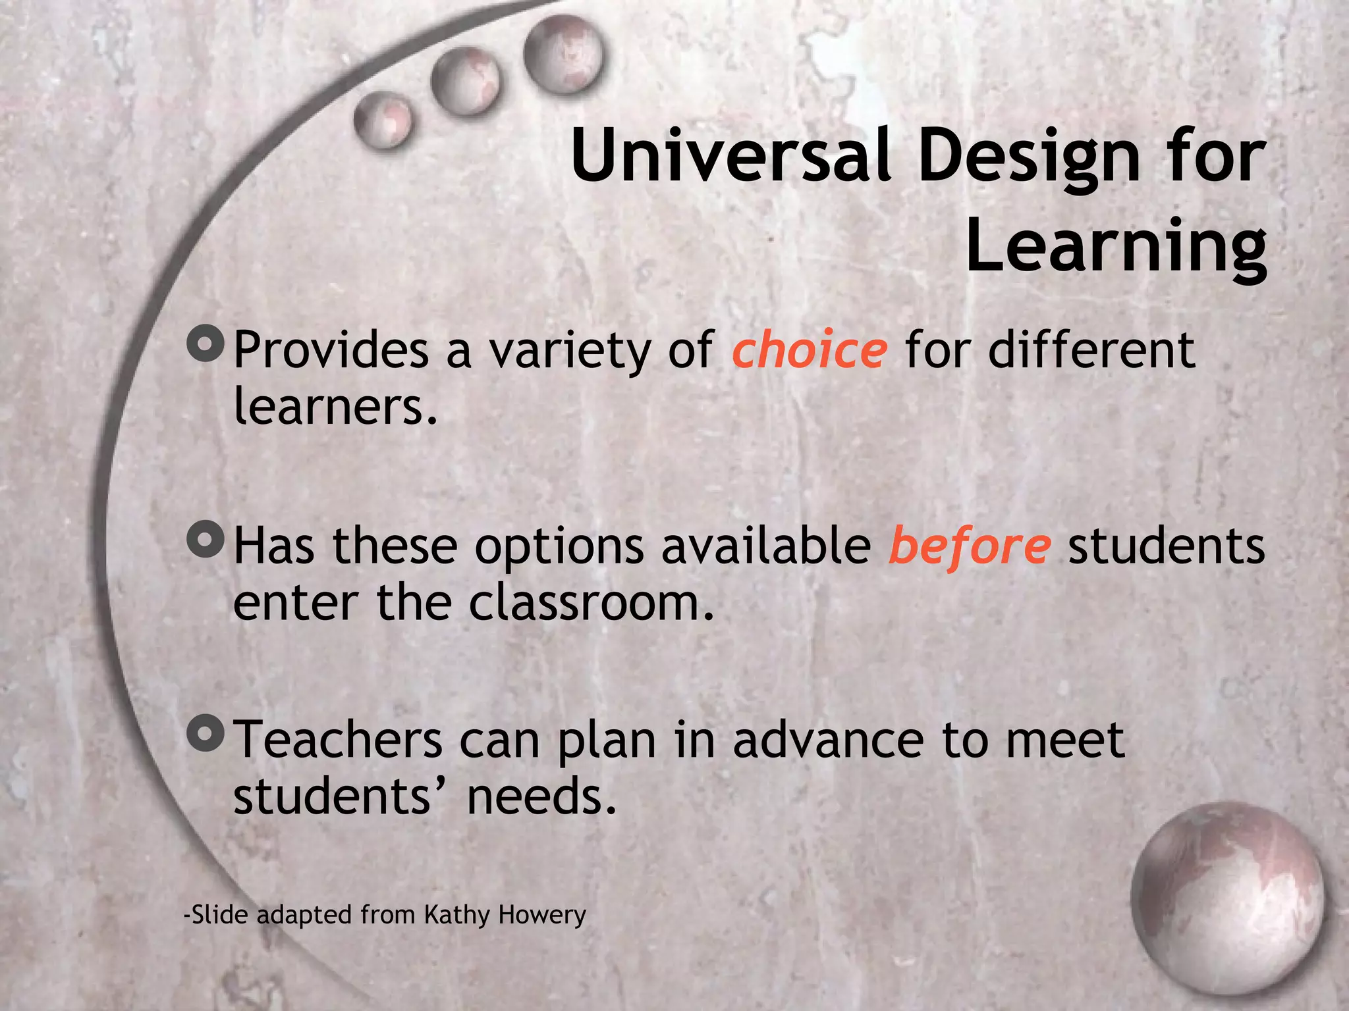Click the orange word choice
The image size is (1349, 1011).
pyautogui.click(x=810, y=350)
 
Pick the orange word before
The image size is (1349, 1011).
pyautogui.click(x=969, y=546)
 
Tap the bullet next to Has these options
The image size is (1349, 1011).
pyautogui.click(x=206, y=540)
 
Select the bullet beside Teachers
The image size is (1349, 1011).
pyautogui.click(x=206, y=734)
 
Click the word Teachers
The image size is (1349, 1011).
pyautogui.click(x=338, y=740)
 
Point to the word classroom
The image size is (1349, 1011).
pyautogui.click(x=591, y=603)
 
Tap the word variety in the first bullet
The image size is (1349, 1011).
pyautogui.click(x=570, y=351)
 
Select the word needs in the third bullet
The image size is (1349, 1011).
pyautogui.click(x=541, y=796)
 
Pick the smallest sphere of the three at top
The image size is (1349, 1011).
pyautogui.click(x=382, y=119)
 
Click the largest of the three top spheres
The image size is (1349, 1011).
pyautogui.click(x=563, y=55)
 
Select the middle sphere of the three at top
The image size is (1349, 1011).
pyautogui.click(x=465, y=82)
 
